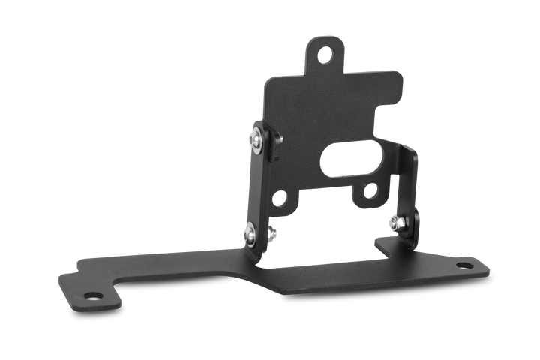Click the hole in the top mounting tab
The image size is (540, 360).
(x=324, y=54)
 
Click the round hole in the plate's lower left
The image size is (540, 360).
(x=280, y=200)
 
